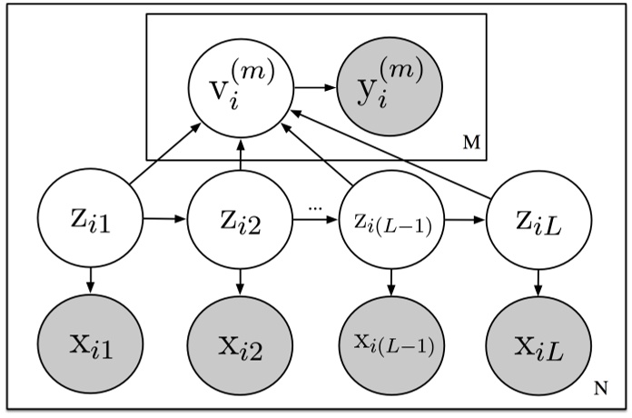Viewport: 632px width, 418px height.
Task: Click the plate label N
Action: tap(600, 390)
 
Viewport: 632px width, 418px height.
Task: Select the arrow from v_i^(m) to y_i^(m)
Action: tap(313, 89)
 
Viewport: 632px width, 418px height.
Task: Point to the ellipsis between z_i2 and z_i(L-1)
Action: tap(315, 207)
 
